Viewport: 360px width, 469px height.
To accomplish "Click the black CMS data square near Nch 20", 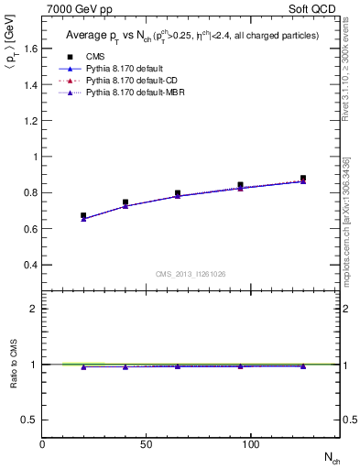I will click(83, 216).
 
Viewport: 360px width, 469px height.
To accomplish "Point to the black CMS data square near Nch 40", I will click(125, 202).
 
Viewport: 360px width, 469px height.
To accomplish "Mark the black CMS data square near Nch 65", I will click(178, 193).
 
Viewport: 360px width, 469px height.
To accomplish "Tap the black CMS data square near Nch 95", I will click(241, 185).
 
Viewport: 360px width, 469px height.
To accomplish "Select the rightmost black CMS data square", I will click(303, 179).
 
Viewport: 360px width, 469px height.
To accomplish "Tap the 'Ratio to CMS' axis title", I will click(14, 365).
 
